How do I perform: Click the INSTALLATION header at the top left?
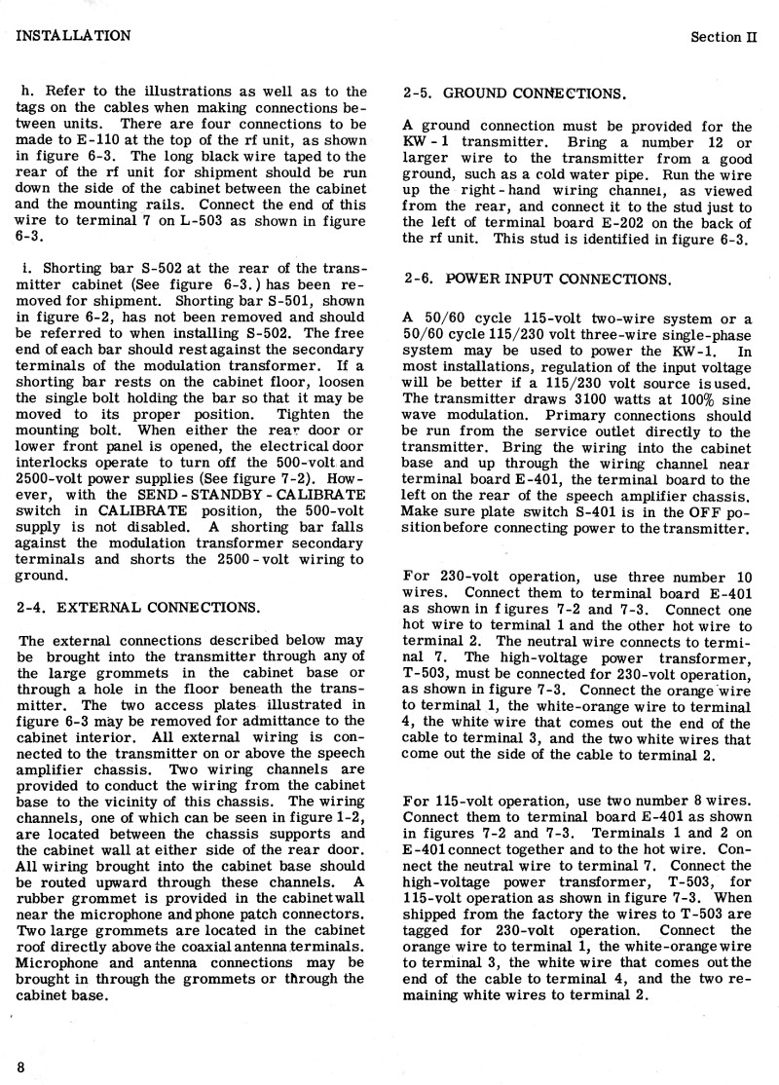click(x=74, y=36)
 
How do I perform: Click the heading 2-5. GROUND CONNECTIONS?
click(x=514, y=94)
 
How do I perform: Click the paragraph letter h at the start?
click(x=24, y=93)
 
